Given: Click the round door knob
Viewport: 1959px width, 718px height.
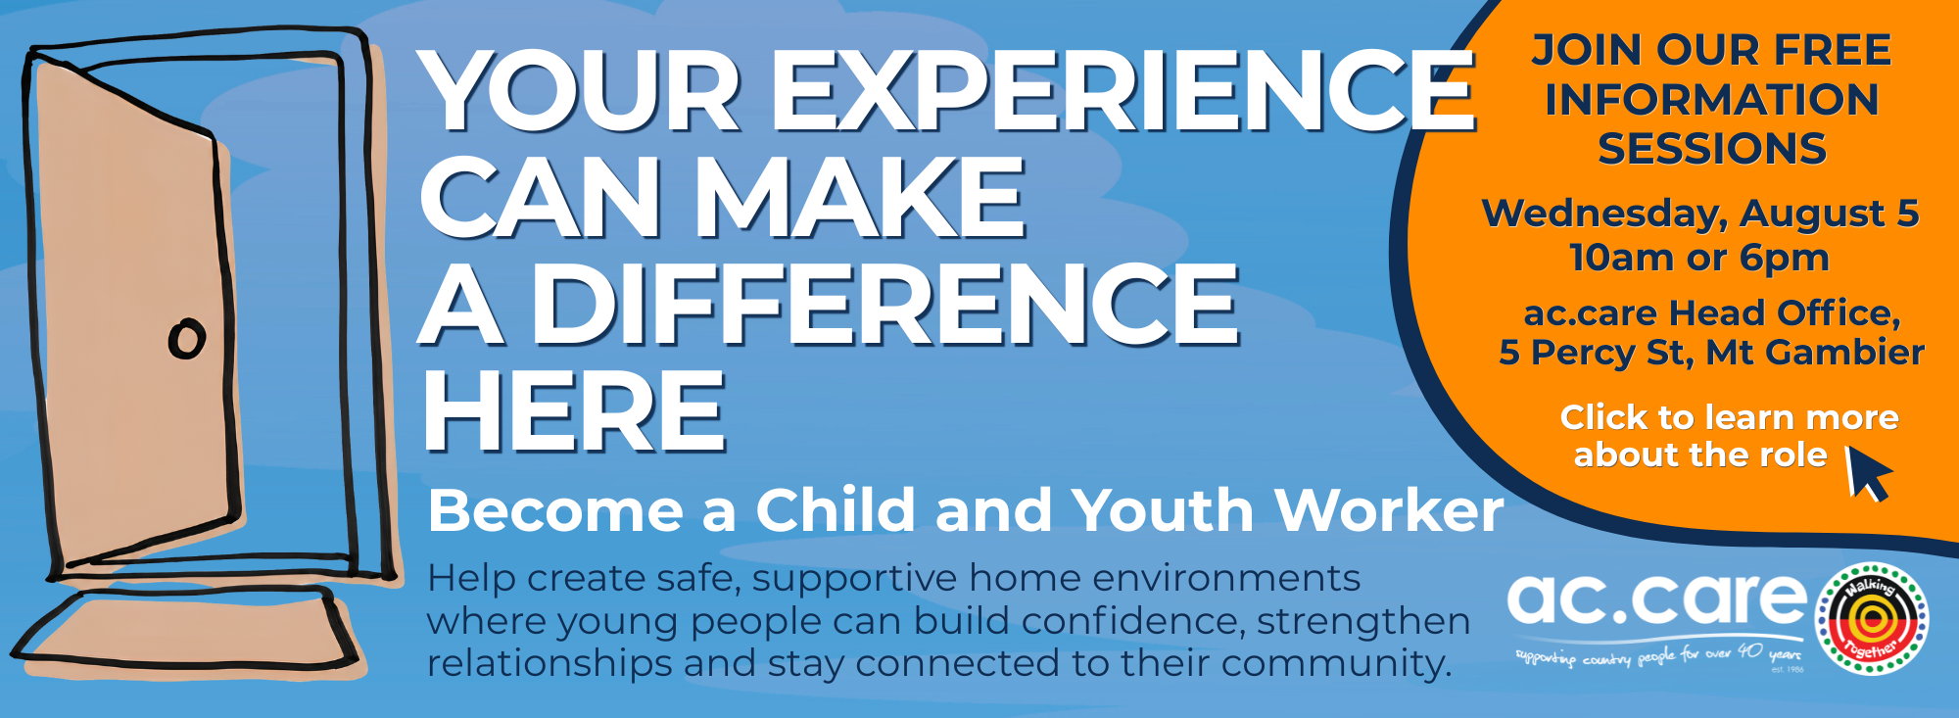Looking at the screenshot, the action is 187,339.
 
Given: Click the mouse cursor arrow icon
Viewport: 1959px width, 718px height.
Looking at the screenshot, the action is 1868,473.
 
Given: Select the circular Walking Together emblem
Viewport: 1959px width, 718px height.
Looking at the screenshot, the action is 1872,618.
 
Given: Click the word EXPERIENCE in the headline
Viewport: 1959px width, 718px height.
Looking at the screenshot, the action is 1123,90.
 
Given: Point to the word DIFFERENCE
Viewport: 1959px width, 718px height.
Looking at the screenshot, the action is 885,304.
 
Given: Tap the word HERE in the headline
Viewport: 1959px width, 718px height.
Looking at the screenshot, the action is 575,410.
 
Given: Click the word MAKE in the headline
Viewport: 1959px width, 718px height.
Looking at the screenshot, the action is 861,197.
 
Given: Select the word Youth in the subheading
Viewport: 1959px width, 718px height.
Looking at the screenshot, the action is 1163,510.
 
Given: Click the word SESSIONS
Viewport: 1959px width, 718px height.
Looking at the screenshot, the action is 1712,149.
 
